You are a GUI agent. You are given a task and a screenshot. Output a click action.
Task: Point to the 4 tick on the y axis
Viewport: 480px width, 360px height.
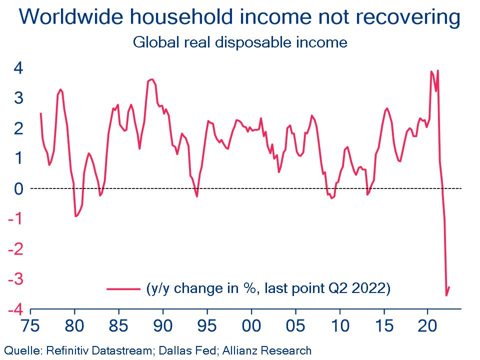(18, 68)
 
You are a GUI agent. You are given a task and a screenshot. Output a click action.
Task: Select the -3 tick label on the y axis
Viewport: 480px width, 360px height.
(15, 279)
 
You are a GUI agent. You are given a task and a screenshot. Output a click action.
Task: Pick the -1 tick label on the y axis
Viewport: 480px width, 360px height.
(15, 219)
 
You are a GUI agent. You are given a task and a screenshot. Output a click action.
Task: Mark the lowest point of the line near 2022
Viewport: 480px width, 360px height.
(446, 295)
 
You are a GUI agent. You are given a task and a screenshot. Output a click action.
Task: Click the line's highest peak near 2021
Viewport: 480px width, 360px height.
(438, 70)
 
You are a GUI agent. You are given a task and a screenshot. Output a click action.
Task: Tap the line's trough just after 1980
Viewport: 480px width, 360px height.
(75, 216)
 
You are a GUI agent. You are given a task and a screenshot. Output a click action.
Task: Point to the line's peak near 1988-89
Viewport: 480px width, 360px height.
(151, 79)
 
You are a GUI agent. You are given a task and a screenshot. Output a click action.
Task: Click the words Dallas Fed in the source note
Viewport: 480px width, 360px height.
(194, 350)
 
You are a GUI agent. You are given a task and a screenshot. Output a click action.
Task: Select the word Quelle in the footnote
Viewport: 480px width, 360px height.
(20, 350)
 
